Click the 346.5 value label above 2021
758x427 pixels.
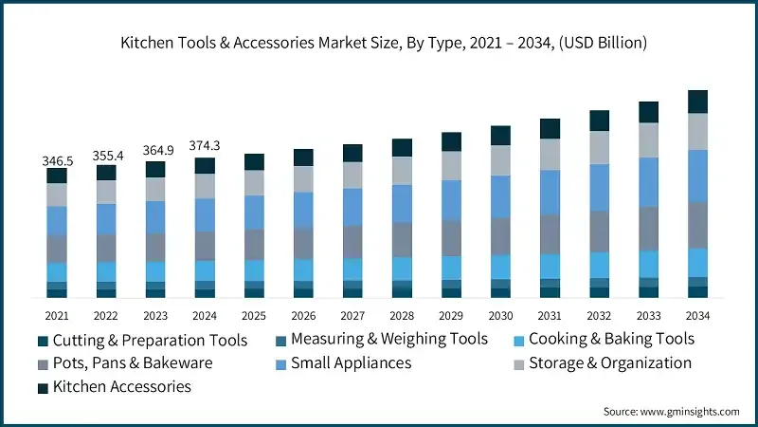tap(57, 161)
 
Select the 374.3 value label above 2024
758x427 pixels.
tap(205, 145)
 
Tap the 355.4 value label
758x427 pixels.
tap(106, 156)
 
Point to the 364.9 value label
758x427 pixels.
tap(155, 151)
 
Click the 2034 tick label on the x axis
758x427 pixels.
tap(697, 315)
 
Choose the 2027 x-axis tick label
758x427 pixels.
tap(352, 315)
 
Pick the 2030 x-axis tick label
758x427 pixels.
tap(500, 315)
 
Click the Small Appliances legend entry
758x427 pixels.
tap(351, 362)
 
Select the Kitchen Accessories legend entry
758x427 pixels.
tap(121, 386)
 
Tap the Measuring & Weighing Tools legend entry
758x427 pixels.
tap(388, 339)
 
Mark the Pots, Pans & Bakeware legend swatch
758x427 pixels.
tap(44, 363)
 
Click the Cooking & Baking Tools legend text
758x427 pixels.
tap(612, 339)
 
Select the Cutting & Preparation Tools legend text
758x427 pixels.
tap(150, 340)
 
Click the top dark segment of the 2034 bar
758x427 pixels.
tap(697, 102)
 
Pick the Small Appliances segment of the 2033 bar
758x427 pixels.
tap(648, 182)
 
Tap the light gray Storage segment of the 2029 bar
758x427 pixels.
tap(451, 166)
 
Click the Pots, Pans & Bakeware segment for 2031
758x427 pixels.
tap(550, 233)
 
